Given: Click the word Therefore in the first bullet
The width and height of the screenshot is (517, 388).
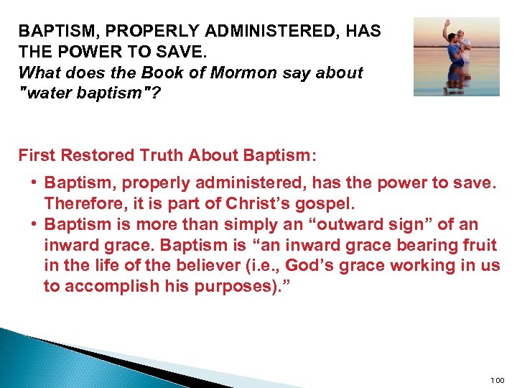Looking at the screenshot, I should pyautogui.click(x=80, y=203).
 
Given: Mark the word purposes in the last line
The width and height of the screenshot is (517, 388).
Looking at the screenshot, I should pyautogui.click(x=231, y=287).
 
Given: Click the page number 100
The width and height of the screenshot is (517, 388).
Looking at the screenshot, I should pyautogui.click(x=497, y=379).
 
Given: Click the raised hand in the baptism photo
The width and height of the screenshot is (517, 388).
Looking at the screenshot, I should pyautogui.click(x=447, y=24).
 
